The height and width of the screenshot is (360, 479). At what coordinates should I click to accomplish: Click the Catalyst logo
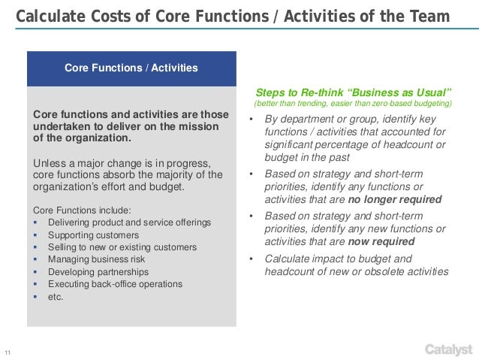tap(449, 349)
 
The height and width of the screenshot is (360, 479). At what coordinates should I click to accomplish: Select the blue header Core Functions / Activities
tap(131, 68)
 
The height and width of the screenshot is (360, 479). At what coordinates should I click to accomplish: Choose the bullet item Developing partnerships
tap(98, 271)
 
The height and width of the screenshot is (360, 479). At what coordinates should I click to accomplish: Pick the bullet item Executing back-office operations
tap(115, 284)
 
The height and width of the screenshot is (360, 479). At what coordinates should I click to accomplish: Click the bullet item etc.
tap(56, 296)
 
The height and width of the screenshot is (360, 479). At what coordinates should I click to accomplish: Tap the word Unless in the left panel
tap(49, 164)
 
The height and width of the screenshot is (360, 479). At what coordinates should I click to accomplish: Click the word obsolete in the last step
tap(368, 271)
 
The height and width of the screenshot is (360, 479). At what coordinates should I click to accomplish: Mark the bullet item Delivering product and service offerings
tap(129, 222)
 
